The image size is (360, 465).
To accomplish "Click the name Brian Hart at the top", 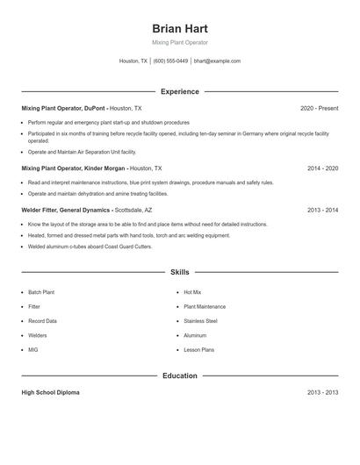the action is pyautogui.click(x=179, y=28).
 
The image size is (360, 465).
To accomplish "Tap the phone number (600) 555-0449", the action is pyautogui.click(x=170, y=61).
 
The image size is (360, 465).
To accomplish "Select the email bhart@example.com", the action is pyautogui.click(x=217, y=61).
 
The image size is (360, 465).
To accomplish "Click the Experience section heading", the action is pyautogui.click(x=179, y=91).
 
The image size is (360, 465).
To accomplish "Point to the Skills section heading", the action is pyautogui.click(x=179, y=272).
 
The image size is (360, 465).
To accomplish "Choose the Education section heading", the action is pyautogui.click(x=179, y=376).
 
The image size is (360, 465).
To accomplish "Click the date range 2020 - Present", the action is pyautogui.click(x=319, y=108).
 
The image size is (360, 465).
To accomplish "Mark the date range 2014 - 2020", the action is pyautogui.click(x=322, y=168).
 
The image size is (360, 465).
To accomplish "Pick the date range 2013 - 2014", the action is pyautogui.click(x=322, y=211).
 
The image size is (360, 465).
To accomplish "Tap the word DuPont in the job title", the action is pyautogui.click(x=92, y=108).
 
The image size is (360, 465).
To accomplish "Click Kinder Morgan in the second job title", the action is pyautogui.click(x=103, y=168).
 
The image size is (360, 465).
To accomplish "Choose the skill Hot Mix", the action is pyautogui.click(x=192, y=292).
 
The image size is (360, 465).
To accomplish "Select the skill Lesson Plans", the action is pyautogui.click(x=198, y=350).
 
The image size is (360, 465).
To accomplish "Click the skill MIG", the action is pyautogui.click(x=33, y=350).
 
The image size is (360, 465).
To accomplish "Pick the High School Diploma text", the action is pyautogui.click(x=50, y=392).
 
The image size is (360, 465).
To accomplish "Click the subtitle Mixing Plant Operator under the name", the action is pyautogui.click(x=179, y=42).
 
